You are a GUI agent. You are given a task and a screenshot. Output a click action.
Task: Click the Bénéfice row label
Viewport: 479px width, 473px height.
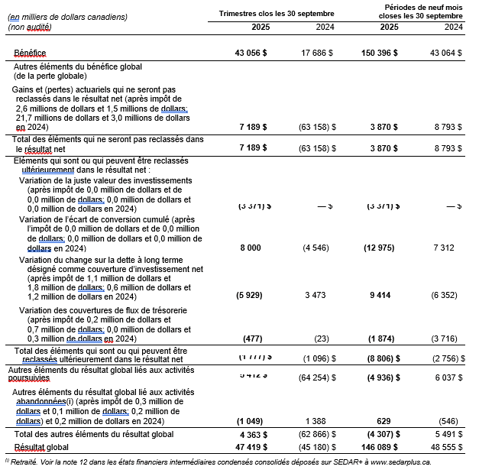(x=30, y=53)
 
